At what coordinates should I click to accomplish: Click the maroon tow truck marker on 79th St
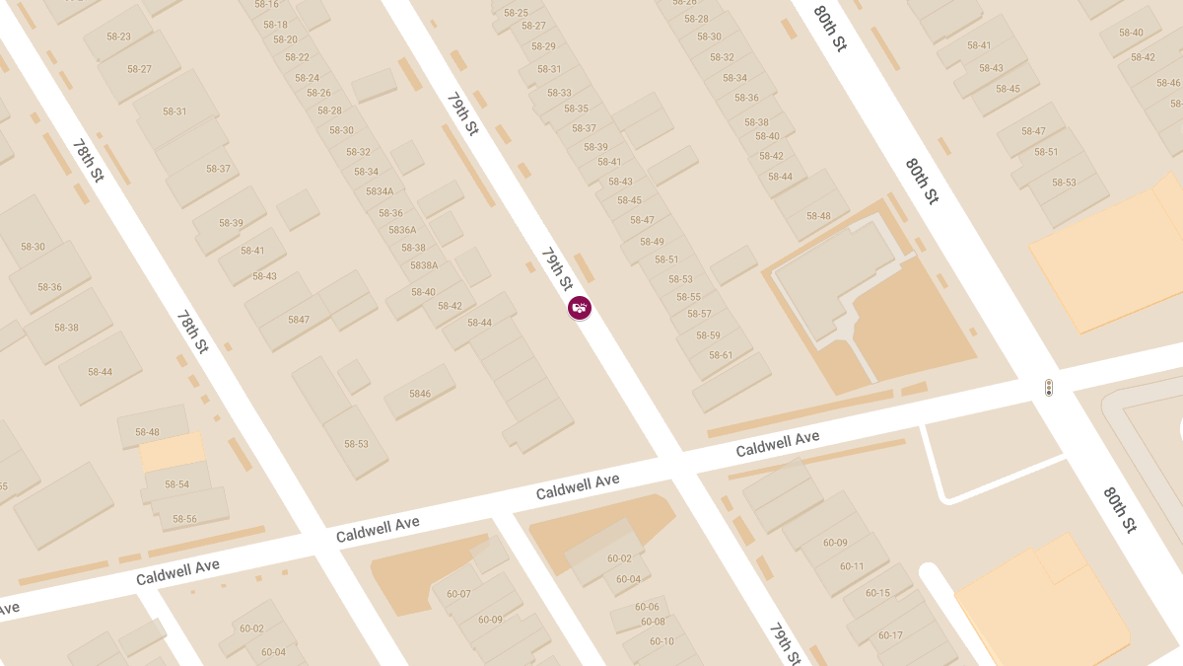pyautogui.click(x=581, y=309)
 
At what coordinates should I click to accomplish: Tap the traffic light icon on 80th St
pyautogui.click(x=1049, y=388)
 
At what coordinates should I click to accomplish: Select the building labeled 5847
pyautogui.click(x=299, y=320)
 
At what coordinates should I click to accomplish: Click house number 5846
pyautogui.click(x=420, y=394)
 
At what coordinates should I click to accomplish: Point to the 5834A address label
pyautogui.click(x=380, y=191)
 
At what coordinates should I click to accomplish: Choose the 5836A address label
pyautogui.click(x=402, y=230)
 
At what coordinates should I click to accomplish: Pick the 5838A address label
pyautogui.click(x=424, y=265)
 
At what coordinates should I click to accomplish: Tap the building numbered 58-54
pyautogui.click(x=176, y=484)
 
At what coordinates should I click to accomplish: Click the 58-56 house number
pyautogui.click(x=184, y=519)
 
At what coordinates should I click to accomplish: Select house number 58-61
pyautogui.click(x=721, y=355)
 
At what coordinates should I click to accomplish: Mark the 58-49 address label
pyautogui.click(x=652, y=242)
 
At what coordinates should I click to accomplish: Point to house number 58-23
pyautogui.click(x=118, y=37)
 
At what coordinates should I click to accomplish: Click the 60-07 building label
pyautogui.click(x=458, y=594)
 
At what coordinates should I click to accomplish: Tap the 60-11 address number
pyautogui.click(x=852, y=566)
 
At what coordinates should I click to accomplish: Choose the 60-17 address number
pyautogui.click(x=890, y=635)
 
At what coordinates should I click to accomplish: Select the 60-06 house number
pyautogui.click(x=647, y=607)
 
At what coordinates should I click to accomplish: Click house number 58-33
pyautogui.click(x=559, y=93)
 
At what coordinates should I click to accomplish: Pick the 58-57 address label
pyautogui.click(x=699, y=314)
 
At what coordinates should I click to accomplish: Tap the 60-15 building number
pyautogui.click(x=877, y=593)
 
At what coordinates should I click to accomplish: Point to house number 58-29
pyautogui.click(x=543, y=46)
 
